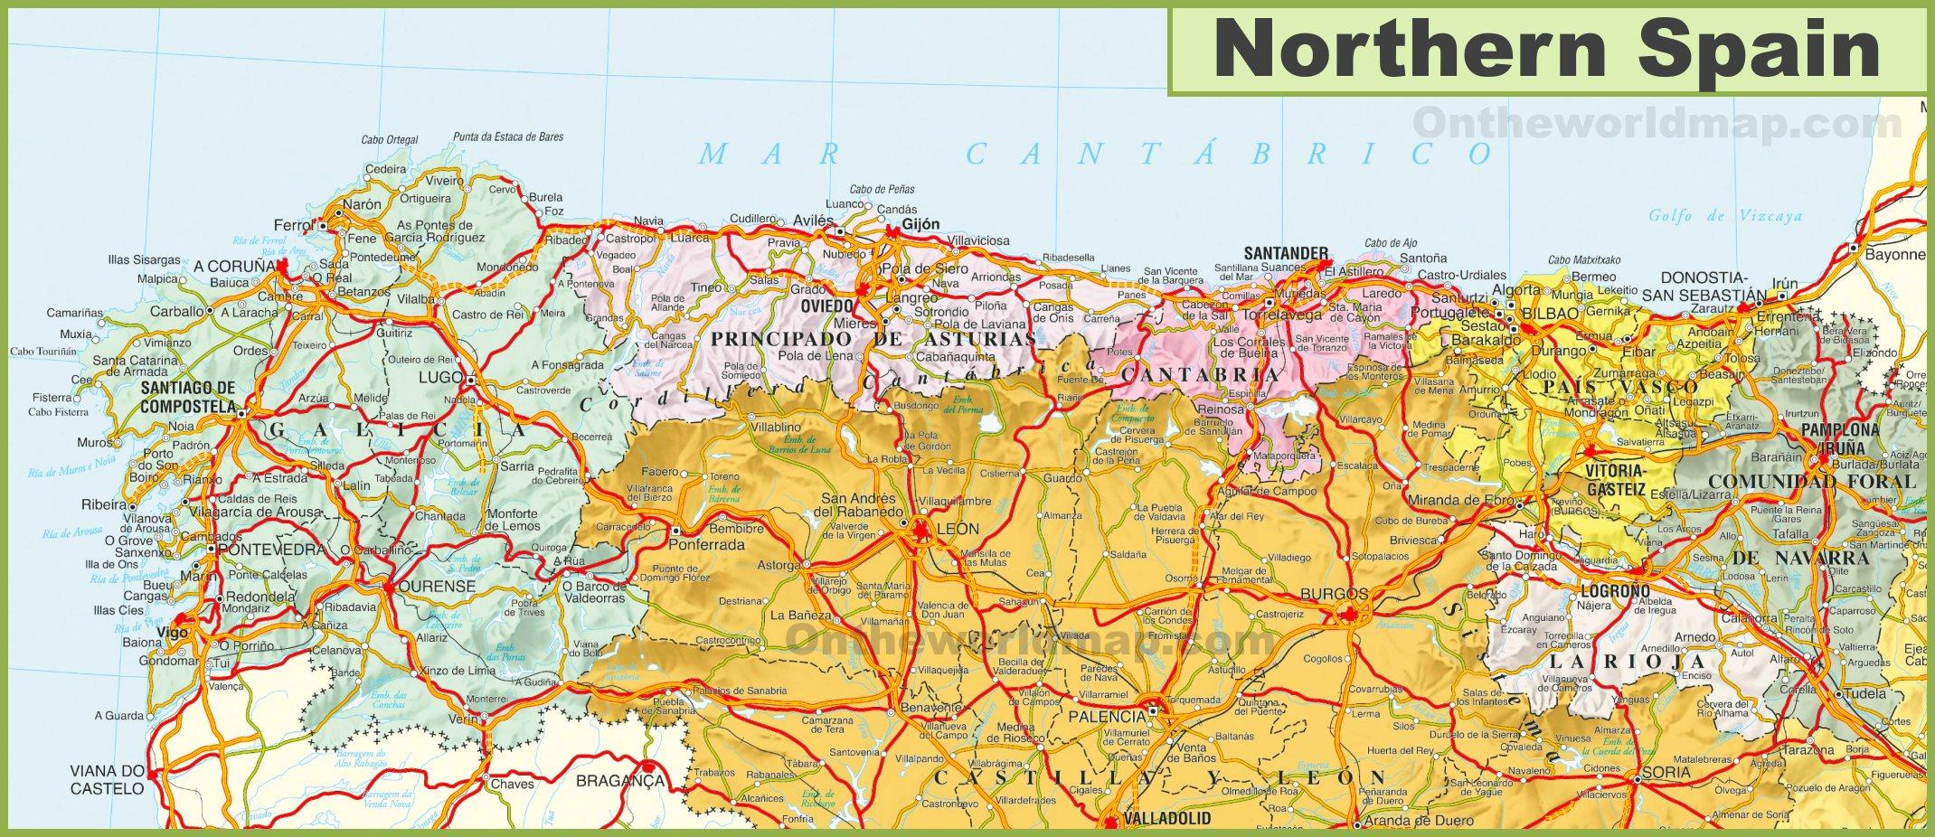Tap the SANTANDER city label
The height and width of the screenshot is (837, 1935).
pos(1285,253)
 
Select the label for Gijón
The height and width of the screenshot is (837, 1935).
pos(920,224)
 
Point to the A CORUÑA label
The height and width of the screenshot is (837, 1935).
pos(234,267)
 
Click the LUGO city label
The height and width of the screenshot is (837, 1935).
pos(440,377)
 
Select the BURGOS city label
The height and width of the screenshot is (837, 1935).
pos(1334,594)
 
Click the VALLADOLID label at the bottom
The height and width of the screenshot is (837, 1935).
pos(1166,819)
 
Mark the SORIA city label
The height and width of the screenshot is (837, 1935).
pos(1667,772)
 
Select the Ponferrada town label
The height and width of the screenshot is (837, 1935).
pos(706,545)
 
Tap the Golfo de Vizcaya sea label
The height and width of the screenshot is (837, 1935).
pos(1724,216)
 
